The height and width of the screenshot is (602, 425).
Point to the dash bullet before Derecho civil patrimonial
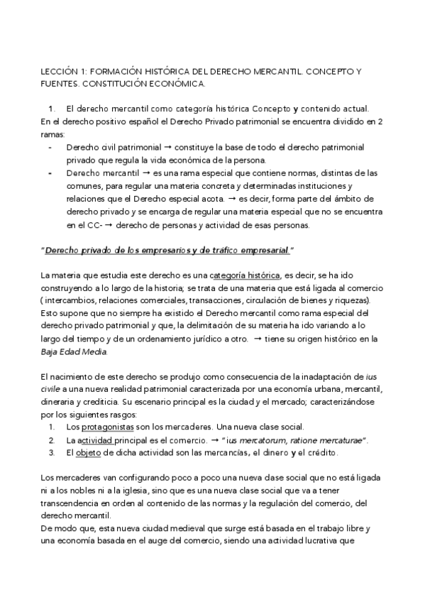(50, 147)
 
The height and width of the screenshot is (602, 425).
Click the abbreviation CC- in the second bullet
(81, 226)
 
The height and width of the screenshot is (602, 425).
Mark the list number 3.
(52, 452)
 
